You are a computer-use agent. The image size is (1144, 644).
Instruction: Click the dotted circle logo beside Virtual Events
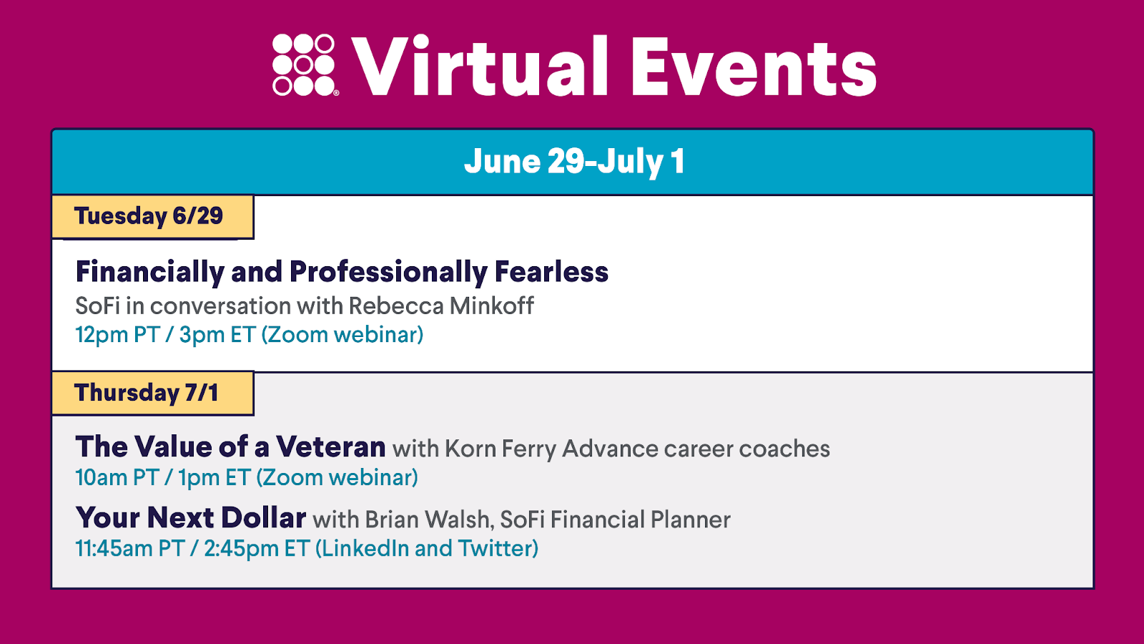click(x=305, y=65)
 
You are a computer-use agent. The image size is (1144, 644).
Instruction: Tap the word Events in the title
click(x=754, y=67)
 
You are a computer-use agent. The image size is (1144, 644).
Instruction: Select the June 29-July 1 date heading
click(x=574, y=161)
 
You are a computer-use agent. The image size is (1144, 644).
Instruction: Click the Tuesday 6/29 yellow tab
click(x=153, y=216)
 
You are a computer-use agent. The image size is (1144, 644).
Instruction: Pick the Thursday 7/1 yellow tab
click(x=153, y=393)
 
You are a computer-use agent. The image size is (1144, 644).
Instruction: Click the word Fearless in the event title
click(x=551, y=271)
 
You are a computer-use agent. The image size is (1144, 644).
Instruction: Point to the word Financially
click(x=149, y=273)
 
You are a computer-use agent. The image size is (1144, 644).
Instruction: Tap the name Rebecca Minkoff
click(x=440, y=306)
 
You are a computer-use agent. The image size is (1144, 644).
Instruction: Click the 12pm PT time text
click(x=117, y=335)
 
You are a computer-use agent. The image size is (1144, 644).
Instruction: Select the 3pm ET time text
click(x=217, y=335)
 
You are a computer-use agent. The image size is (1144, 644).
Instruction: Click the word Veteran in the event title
click(x=331, y=447)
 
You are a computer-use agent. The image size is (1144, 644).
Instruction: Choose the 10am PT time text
click(x=117, y=478)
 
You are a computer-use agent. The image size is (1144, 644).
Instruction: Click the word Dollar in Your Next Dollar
click(x=264, y=517)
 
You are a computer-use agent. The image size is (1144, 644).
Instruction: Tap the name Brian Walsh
click(x=429, y=519)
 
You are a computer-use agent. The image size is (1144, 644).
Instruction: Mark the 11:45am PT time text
click(x=130, y=548)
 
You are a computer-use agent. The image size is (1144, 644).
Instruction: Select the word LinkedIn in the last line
click(x=365, y=548)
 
